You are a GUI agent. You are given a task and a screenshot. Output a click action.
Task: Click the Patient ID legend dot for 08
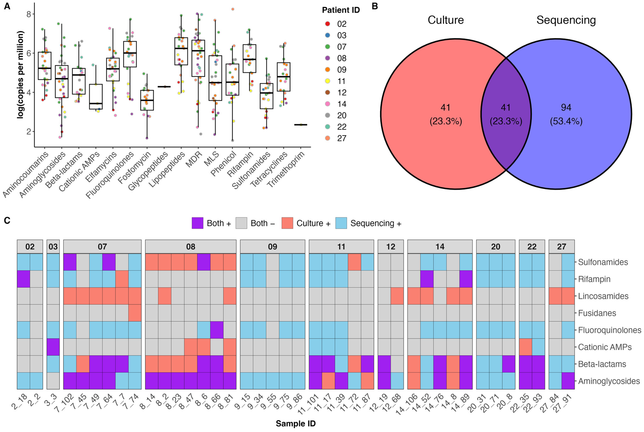click(328, 58)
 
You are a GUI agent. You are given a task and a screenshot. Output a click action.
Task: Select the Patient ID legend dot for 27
click(328, 138)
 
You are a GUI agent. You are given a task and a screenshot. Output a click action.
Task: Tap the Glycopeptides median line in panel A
click(164, 87)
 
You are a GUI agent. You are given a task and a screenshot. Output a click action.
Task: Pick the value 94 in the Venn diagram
click(566, 107)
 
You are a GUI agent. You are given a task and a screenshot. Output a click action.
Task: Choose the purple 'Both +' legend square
click(197, 223)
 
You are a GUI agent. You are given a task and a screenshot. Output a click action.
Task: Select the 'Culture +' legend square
click(287, 223)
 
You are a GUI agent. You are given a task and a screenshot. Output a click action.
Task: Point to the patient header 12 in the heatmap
click(390, 247)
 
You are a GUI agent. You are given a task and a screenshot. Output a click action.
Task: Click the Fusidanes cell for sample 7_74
click(135, 313)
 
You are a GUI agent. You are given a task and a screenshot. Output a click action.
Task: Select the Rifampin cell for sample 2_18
click(23, 279)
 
